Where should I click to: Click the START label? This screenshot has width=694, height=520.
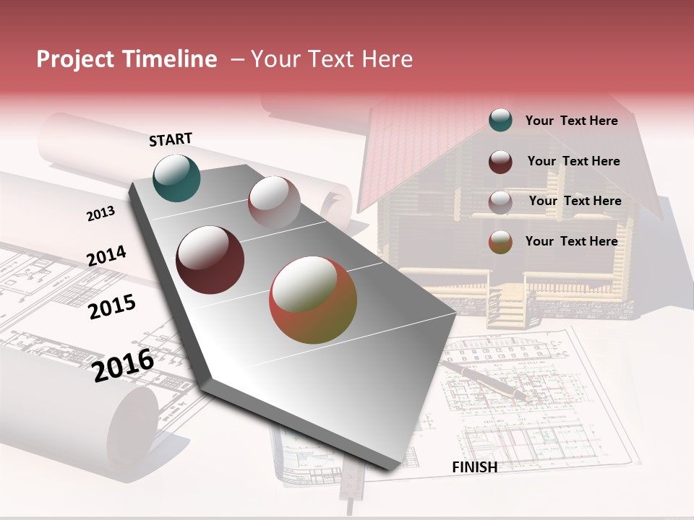pyautogui.click(x=171, y=139)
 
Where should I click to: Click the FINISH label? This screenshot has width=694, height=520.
pyautogui.click(x=474, y=467)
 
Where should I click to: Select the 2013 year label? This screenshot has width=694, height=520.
pyautogui.click(x=100, y=214)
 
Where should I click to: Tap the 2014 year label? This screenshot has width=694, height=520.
pyautogui.click(x=106, y=256)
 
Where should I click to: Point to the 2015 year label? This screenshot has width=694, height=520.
pyautogui.click(x=111, y=307)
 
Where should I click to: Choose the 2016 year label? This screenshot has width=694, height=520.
pyautogui.click(x=123, y=365)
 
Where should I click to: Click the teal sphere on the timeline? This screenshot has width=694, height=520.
pyautogui.click(x=176, y=178)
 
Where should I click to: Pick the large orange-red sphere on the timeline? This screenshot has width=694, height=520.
pyautogui.click(x=313, y=300)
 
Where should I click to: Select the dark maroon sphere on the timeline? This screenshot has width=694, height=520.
pyautogui.click(x=210, y=260)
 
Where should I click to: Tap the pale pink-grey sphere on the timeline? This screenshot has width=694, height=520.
pyautogui.click(x=274, y=202)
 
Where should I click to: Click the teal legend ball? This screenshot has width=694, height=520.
pyautogui.click(x=500, y=120)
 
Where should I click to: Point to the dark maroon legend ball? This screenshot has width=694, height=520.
pyautogui.click(x=500, y=162)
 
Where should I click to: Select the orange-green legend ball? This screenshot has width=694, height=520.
pyautogui.click(x=500, y=242)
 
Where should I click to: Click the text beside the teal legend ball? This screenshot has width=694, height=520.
pyautogui.click(x=571, y=121)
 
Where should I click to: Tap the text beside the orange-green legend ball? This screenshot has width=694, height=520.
pyautogui.click(x=571, y=241)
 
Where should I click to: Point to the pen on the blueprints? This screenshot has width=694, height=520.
pyautogui.click(x=485, y=379)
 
